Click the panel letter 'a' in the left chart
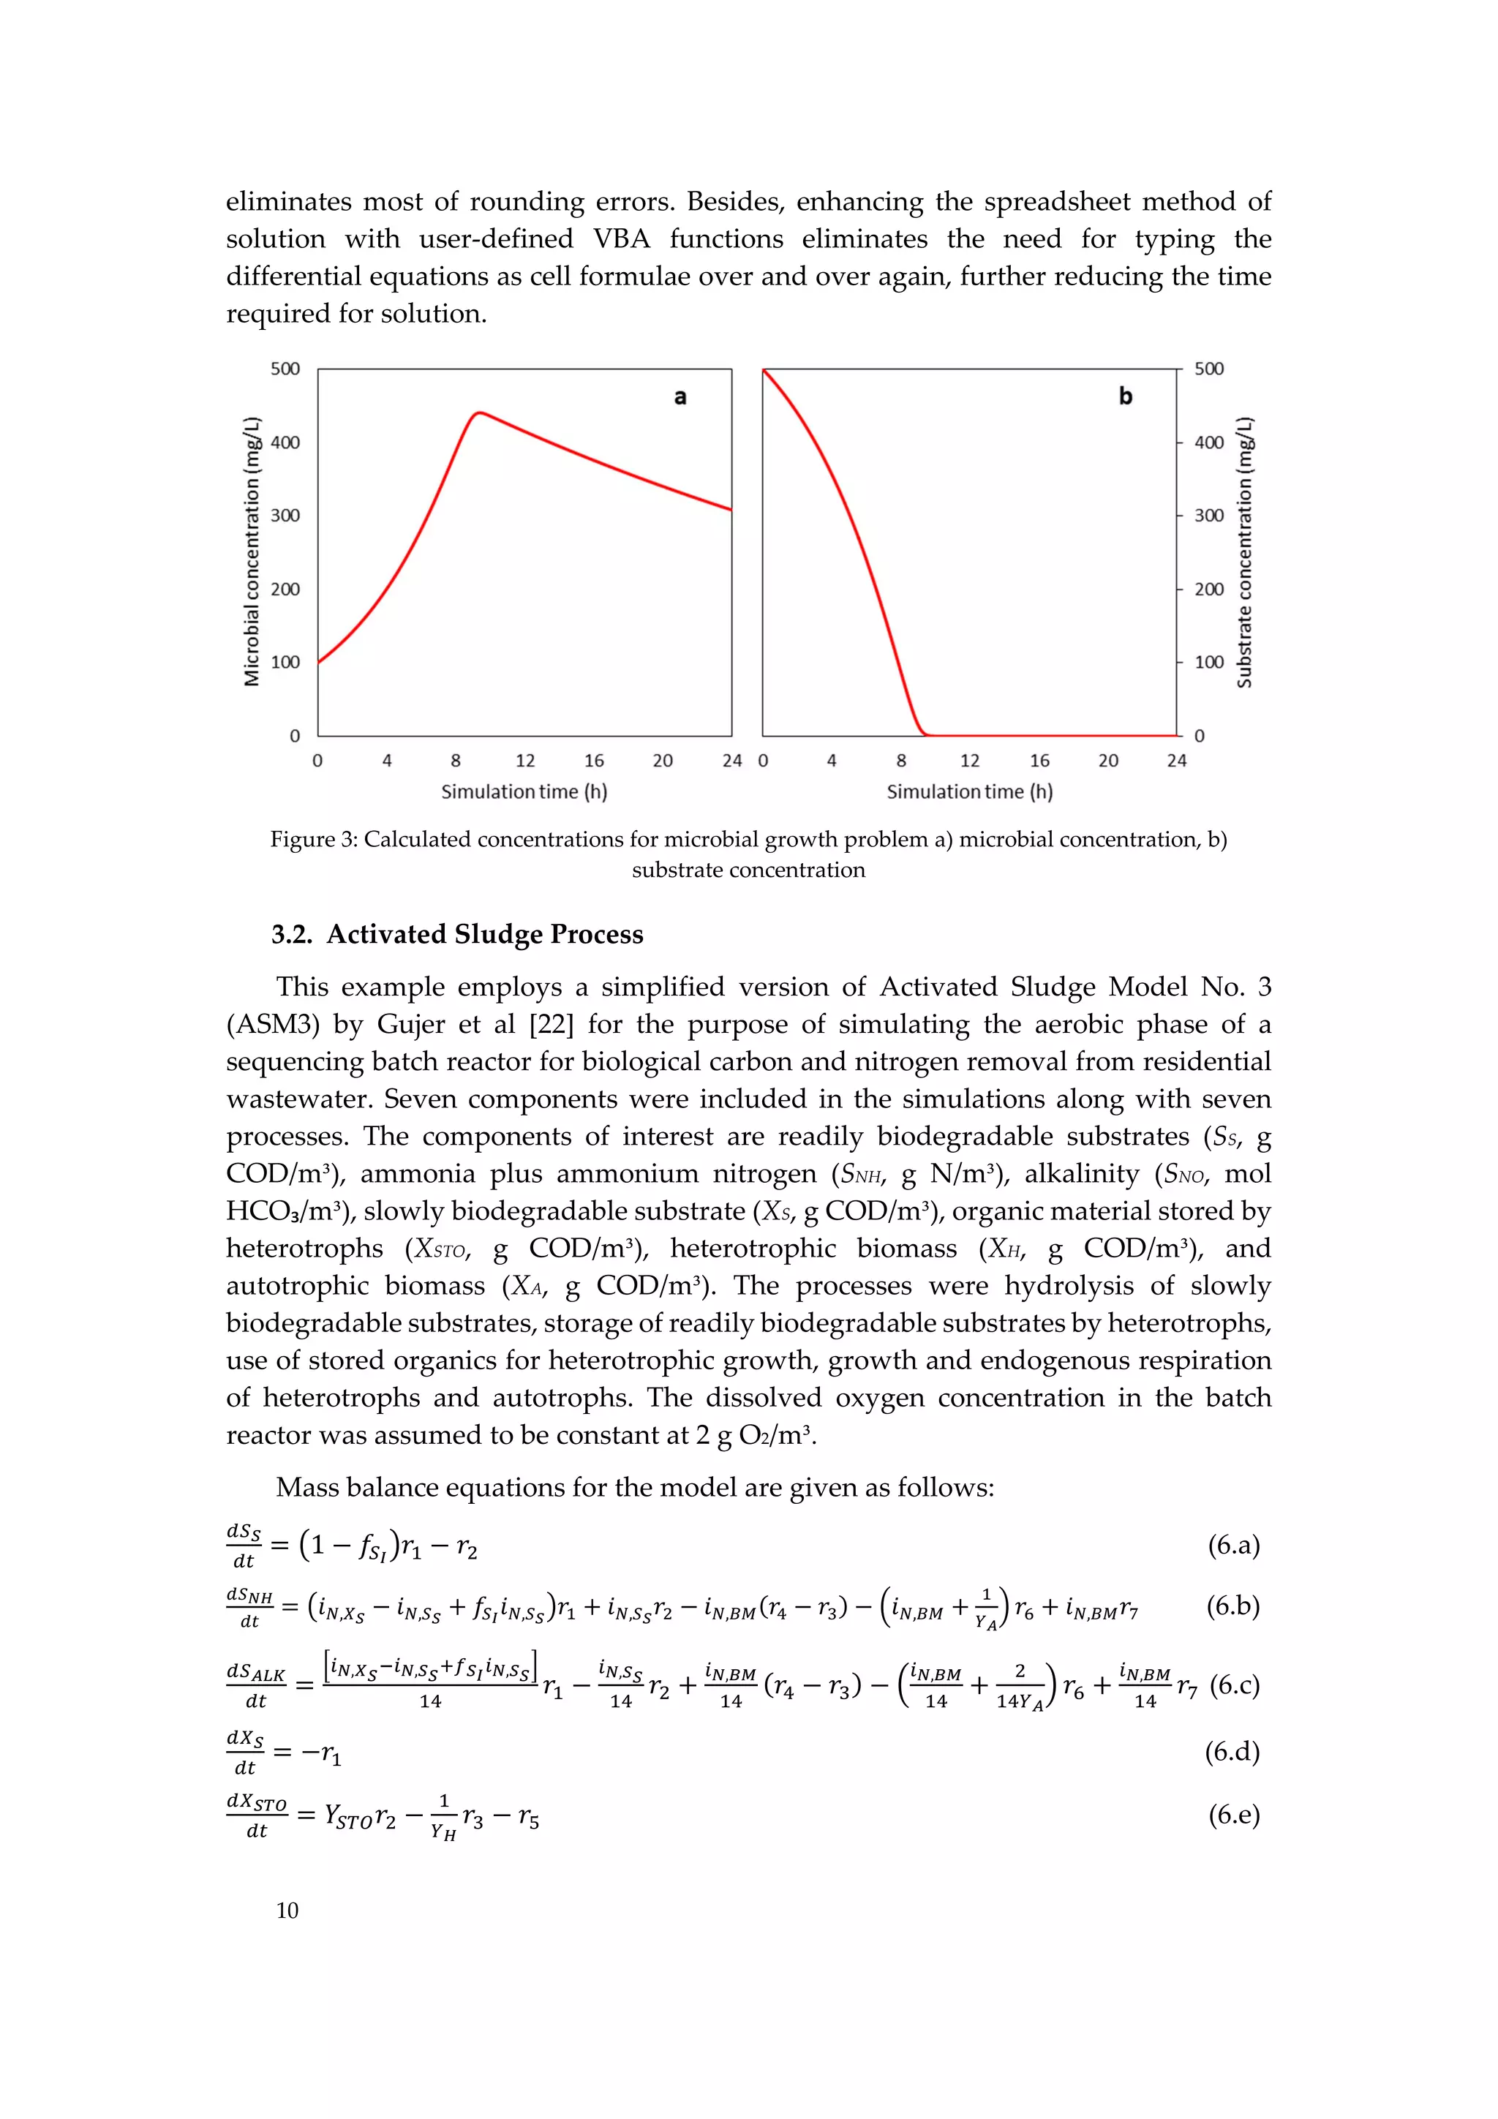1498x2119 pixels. [680, 397]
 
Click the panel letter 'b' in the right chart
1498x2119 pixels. [1125, 396]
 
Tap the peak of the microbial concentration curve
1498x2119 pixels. [479, 413]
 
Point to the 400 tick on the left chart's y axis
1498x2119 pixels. [285, 442]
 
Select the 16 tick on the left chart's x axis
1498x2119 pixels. [593, 761]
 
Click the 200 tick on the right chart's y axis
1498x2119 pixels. [1209, 589]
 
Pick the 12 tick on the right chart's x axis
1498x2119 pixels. [969, 761]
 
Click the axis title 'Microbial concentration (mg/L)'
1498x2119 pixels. [251, 552]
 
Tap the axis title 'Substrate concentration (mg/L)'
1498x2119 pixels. [1244, 552]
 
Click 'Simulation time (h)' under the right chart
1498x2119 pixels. [969, 792]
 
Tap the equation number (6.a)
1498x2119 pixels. [1233, 1545]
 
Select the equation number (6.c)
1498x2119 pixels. [1234, 1685]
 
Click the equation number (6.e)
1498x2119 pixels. [1233, 1815]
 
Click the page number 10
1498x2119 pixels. [287, 1910]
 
